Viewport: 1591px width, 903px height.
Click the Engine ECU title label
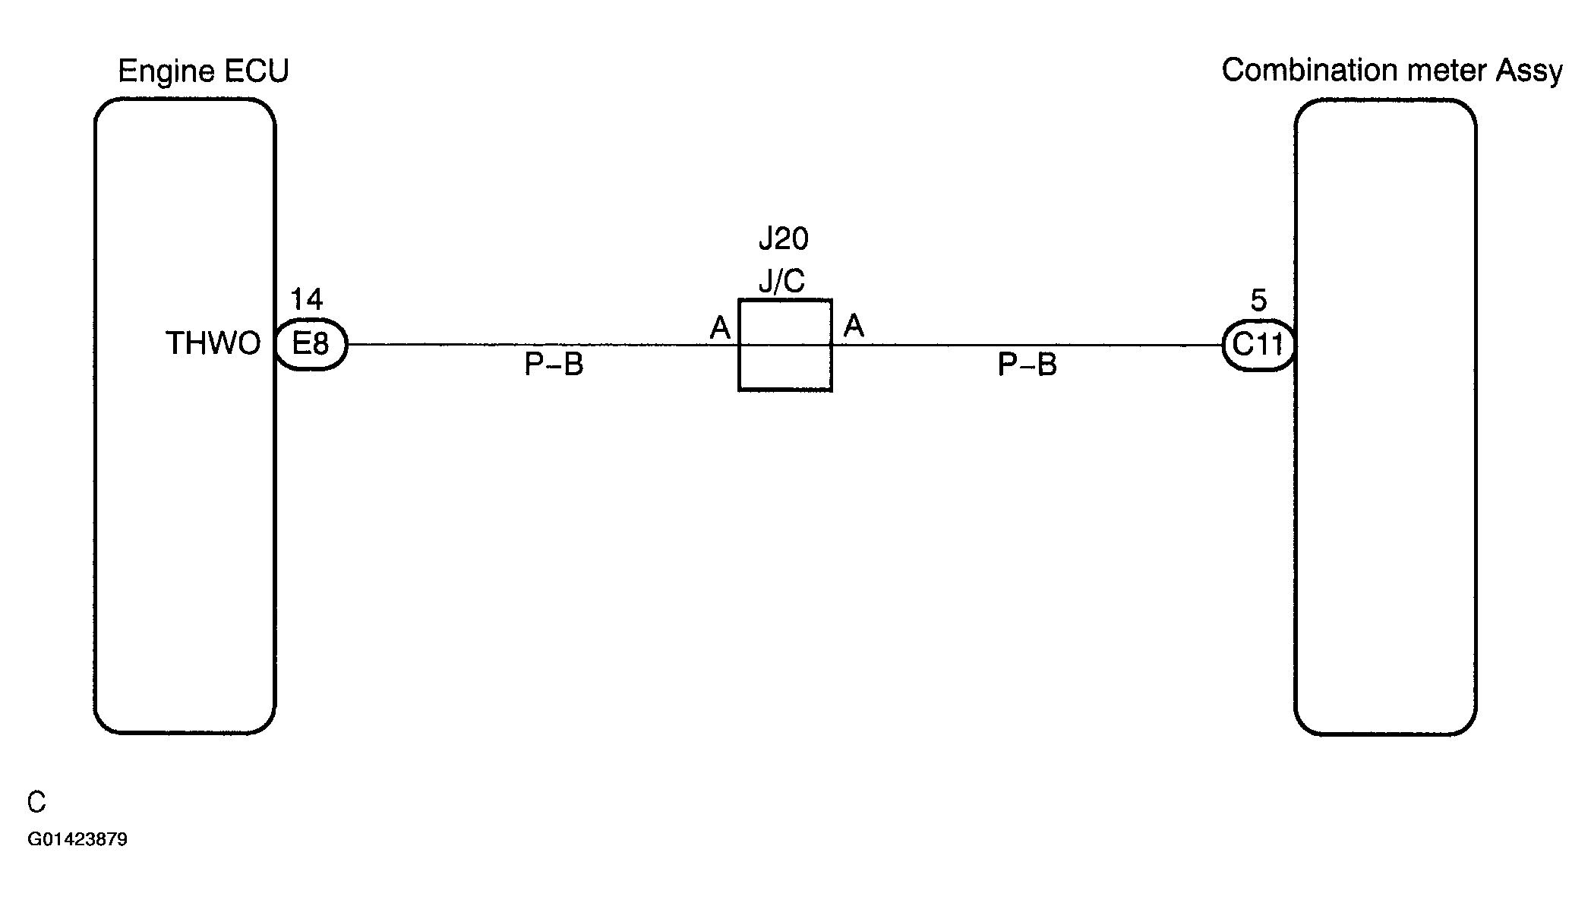point(204,71)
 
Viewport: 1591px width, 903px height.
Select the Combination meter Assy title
point(1392,71)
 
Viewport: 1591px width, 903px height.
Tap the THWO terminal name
point(213,343)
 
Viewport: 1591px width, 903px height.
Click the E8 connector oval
point(311,344)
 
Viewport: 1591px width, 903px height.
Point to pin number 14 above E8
point(307,299)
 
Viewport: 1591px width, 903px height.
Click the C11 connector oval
point(1258,345)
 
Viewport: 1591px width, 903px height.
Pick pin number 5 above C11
point(1258,301)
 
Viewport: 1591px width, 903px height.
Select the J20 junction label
point(784,239)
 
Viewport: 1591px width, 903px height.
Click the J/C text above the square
point(782,282)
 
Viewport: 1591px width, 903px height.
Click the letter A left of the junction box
point(720,328)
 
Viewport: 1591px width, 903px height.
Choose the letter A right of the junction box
point(854,326)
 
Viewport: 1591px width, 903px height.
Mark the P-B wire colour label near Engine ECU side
point(554,365)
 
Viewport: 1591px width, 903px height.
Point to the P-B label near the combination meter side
point(1028,365)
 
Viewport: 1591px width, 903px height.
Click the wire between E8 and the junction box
point(543,345)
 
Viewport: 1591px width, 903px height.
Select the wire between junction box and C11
point(1027,345)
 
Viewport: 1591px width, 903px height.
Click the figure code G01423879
point(77,839)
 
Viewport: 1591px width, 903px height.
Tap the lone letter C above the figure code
point(36,802)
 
